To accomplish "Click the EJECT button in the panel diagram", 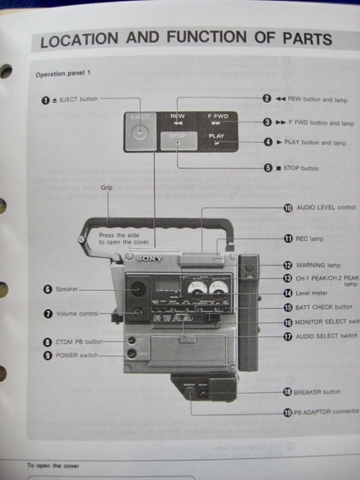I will tap(140, 131).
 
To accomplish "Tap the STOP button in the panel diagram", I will tap(178, 141).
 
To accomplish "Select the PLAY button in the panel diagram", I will tap(217, 141).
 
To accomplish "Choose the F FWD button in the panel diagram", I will tap(217, 120).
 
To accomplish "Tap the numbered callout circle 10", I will tap(287, 208).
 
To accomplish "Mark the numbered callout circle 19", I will tap(287, 412).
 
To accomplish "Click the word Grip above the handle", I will tap(107, 187).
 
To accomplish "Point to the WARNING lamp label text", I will tap(319, 265).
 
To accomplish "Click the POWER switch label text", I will tap(77, 355).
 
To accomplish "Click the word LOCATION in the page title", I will tap(79, 41).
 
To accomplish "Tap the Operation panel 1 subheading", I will tap(63, 74).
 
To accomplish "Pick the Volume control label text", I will tap(77, 314).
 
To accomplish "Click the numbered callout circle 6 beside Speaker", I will tap(47, 289).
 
